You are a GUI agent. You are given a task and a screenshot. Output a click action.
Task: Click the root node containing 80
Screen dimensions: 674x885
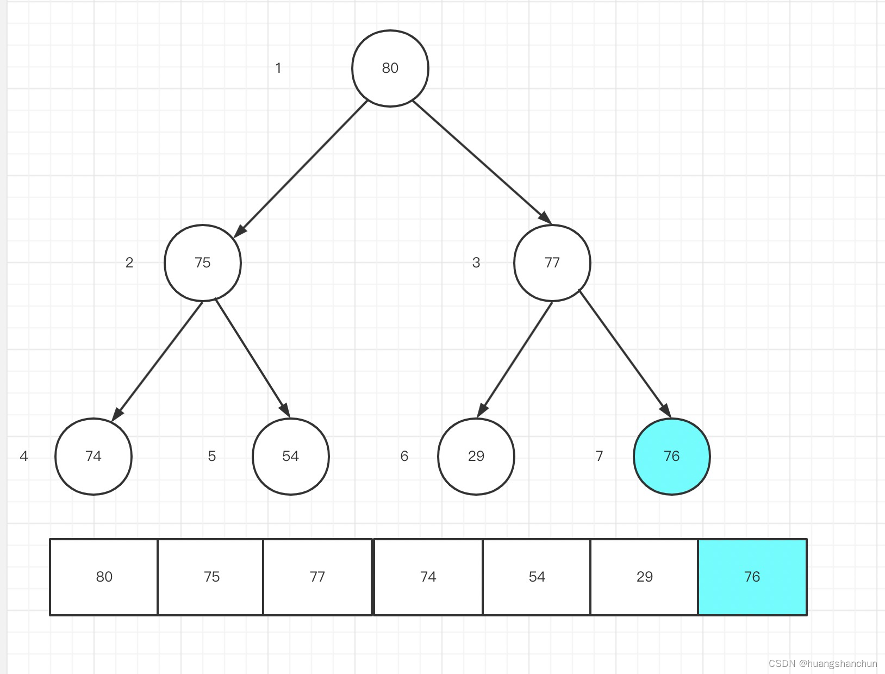pyautogui.click(x=390, y=68)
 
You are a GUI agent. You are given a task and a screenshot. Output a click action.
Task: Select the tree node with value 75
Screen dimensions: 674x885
pyautogui.click(x=202, y=263)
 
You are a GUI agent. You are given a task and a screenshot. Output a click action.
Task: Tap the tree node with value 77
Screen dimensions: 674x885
pyautogui.click(x=552, y=263)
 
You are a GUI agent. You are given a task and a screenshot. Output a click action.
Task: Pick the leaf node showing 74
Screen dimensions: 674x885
pyautogui.click(x=94, y=456)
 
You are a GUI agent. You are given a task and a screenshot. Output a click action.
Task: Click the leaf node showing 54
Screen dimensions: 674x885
pyautogui.click(x=290, y=456)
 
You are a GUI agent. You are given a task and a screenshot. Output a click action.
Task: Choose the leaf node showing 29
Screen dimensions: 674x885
pyautogui.click(x=476, y=456)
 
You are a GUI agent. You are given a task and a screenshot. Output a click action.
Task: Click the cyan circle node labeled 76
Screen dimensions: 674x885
pyautogui.click(x=672, y=456)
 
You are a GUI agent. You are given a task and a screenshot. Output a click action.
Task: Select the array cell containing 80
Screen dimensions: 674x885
pyautogui.click(x=104, y=577)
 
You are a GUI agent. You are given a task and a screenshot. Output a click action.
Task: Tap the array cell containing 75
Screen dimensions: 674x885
pyautogui.click(x=211, y=577)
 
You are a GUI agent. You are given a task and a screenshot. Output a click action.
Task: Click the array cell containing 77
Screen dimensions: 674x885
pyautogui.click(x=317, y=577)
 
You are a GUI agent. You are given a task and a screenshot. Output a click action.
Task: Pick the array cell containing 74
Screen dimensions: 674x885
pyautogui.click(x=428, y=577)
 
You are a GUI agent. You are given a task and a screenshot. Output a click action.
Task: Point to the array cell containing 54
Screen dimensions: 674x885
pyautogui.click(x=537, y=577)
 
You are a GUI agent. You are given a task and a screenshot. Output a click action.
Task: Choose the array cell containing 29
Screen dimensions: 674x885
pyautogui.click(x=644, y=577)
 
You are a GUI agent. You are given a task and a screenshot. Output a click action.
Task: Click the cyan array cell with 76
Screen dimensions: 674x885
pyautogui.click(x=752, y=577)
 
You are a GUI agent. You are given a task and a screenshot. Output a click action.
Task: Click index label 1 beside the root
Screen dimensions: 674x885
pyautogui.click(x=278, y=68)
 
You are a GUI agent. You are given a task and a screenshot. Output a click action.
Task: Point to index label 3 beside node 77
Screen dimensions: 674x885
pyautogui.click(x=476, y=263)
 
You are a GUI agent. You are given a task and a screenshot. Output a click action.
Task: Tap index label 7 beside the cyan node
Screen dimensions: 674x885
pyautogui.click(x=599, y=456)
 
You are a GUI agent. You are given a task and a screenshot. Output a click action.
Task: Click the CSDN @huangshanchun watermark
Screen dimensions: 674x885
pyautogui.click(x=822, y=664)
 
